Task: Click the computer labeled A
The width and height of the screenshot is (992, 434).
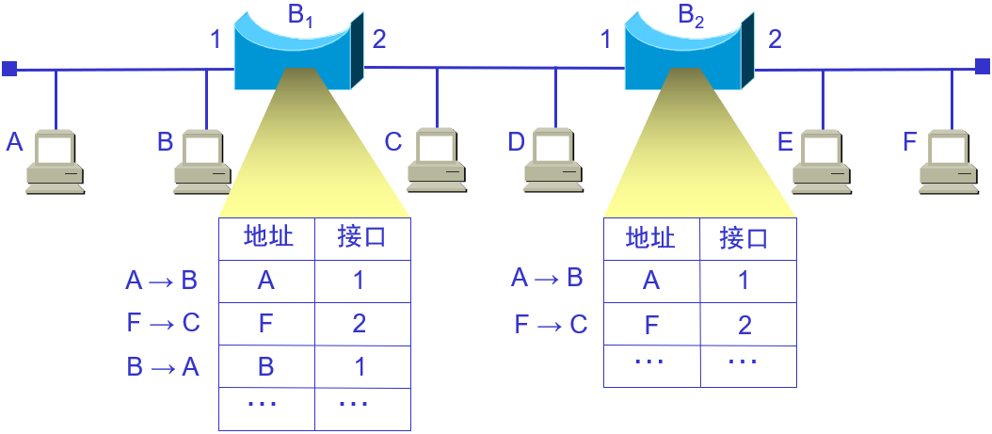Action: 55,162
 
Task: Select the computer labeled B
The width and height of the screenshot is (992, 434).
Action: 202,162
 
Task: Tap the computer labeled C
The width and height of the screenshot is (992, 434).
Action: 436,162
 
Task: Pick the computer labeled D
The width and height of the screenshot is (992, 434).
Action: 554,162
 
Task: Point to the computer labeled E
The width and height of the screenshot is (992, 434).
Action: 822,162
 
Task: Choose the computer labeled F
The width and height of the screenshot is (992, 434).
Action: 950,162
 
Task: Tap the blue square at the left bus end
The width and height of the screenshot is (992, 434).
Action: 8,69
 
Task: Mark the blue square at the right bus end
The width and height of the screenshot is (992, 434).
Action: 982,66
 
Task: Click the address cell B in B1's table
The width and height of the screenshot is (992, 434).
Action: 265,366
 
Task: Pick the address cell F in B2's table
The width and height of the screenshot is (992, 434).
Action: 650,326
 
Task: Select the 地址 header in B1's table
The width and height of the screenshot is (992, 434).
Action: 267,237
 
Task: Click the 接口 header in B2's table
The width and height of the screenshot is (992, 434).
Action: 744,238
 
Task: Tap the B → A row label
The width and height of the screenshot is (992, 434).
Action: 163,366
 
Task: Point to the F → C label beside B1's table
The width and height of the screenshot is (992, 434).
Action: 163,323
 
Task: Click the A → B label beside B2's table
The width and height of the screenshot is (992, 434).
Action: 547,278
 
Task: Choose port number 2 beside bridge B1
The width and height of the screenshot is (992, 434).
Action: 378,39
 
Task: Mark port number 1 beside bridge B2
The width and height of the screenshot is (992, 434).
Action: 605,39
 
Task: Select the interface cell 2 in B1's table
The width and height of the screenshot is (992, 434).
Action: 359,324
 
